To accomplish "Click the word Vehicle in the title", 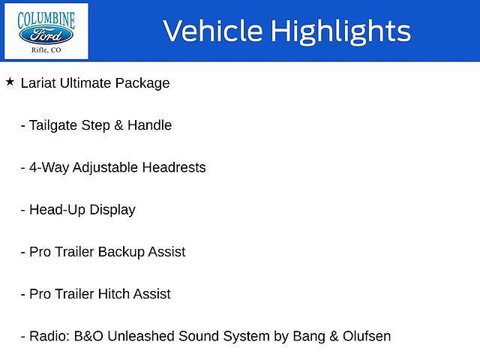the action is point(213,30).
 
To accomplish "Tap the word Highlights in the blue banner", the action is point(341,31).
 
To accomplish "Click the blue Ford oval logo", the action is point(46,35).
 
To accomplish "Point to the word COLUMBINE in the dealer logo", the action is point(46,20).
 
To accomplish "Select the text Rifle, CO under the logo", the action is point(46,50).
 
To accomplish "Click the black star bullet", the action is point(10,82).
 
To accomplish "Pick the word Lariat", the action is point(38,83).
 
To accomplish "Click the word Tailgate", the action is point(53,125).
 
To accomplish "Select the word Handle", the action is point(150,125).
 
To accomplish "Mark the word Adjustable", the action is point(105,168).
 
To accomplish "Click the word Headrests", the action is point(174,167).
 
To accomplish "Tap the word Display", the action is point(112,210).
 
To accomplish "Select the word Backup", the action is point(121,252).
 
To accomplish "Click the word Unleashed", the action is point(141,336).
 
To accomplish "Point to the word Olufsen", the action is point(367,336).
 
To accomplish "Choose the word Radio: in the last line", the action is point(49,336).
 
